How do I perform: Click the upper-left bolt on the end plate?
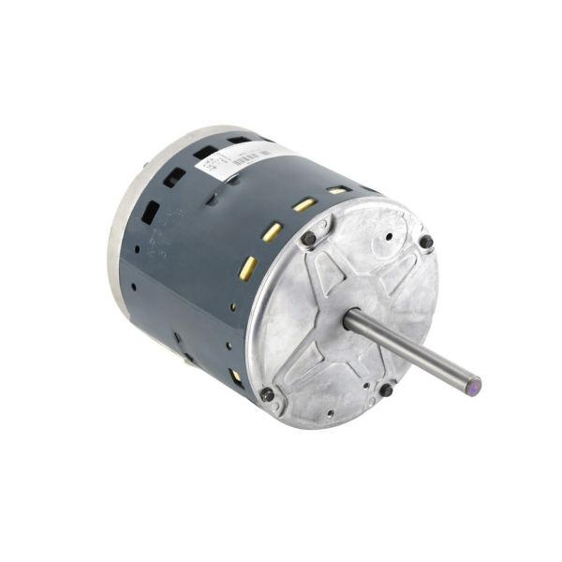tap(308, 238)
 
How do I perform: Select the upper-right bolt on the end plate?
tap(426, 242)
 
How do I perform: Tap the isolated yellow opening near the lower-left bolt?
tap(234, 375)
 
